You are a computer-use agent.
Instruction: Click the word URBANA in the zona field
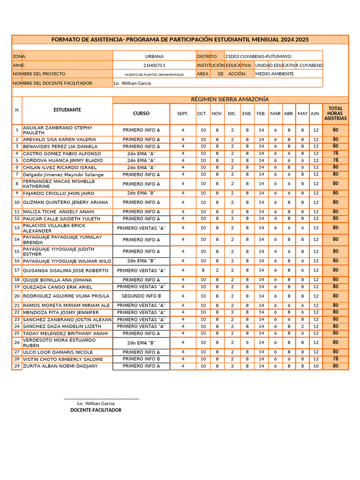coord(154,56)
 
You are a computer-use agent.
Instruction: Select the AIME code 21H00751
coord(154,66)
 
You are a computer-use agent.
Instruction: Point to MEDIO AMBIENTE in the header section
coord(275,74)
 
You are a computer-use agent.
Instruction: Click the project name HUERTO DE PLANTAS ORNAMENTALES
coord(154,75)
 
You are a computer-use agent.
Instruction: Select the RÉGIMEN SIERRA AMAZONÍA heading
coord(230,99)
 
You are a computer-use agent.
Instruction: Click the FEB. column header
coord(261,114)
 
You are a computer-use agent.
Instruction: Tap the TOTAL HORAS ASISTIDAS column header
coord(335,113)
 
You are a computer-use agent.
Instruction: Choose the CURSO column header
coord(141,113)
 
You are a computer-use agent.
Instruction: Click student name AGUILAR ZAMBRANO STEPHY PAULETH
coord(57,130)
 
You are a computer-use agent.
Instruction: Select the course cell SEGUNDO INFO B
coord(141,296)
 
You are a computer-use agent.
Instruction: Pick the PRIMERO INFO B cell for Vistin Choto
coord(141,359)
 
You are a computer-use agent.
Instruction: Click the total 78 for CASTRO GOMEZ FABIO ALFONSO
coord(335,153)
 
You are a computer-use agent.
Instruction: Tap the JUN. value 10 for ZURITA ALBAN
coord(316,366)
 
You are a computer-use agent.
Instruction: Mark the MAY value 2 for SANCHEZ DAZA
coord(303,326)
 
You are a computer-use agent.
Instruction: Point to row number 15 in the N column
coord(17,252)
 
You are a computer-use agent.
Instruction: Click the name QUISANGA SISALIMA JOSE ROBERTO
coord(66,270)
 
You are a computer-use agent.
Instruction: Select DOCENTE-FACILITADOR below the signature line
coord(96,410)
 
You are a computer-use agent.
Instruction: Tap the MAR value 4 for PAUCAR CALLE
coord(276,219)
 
